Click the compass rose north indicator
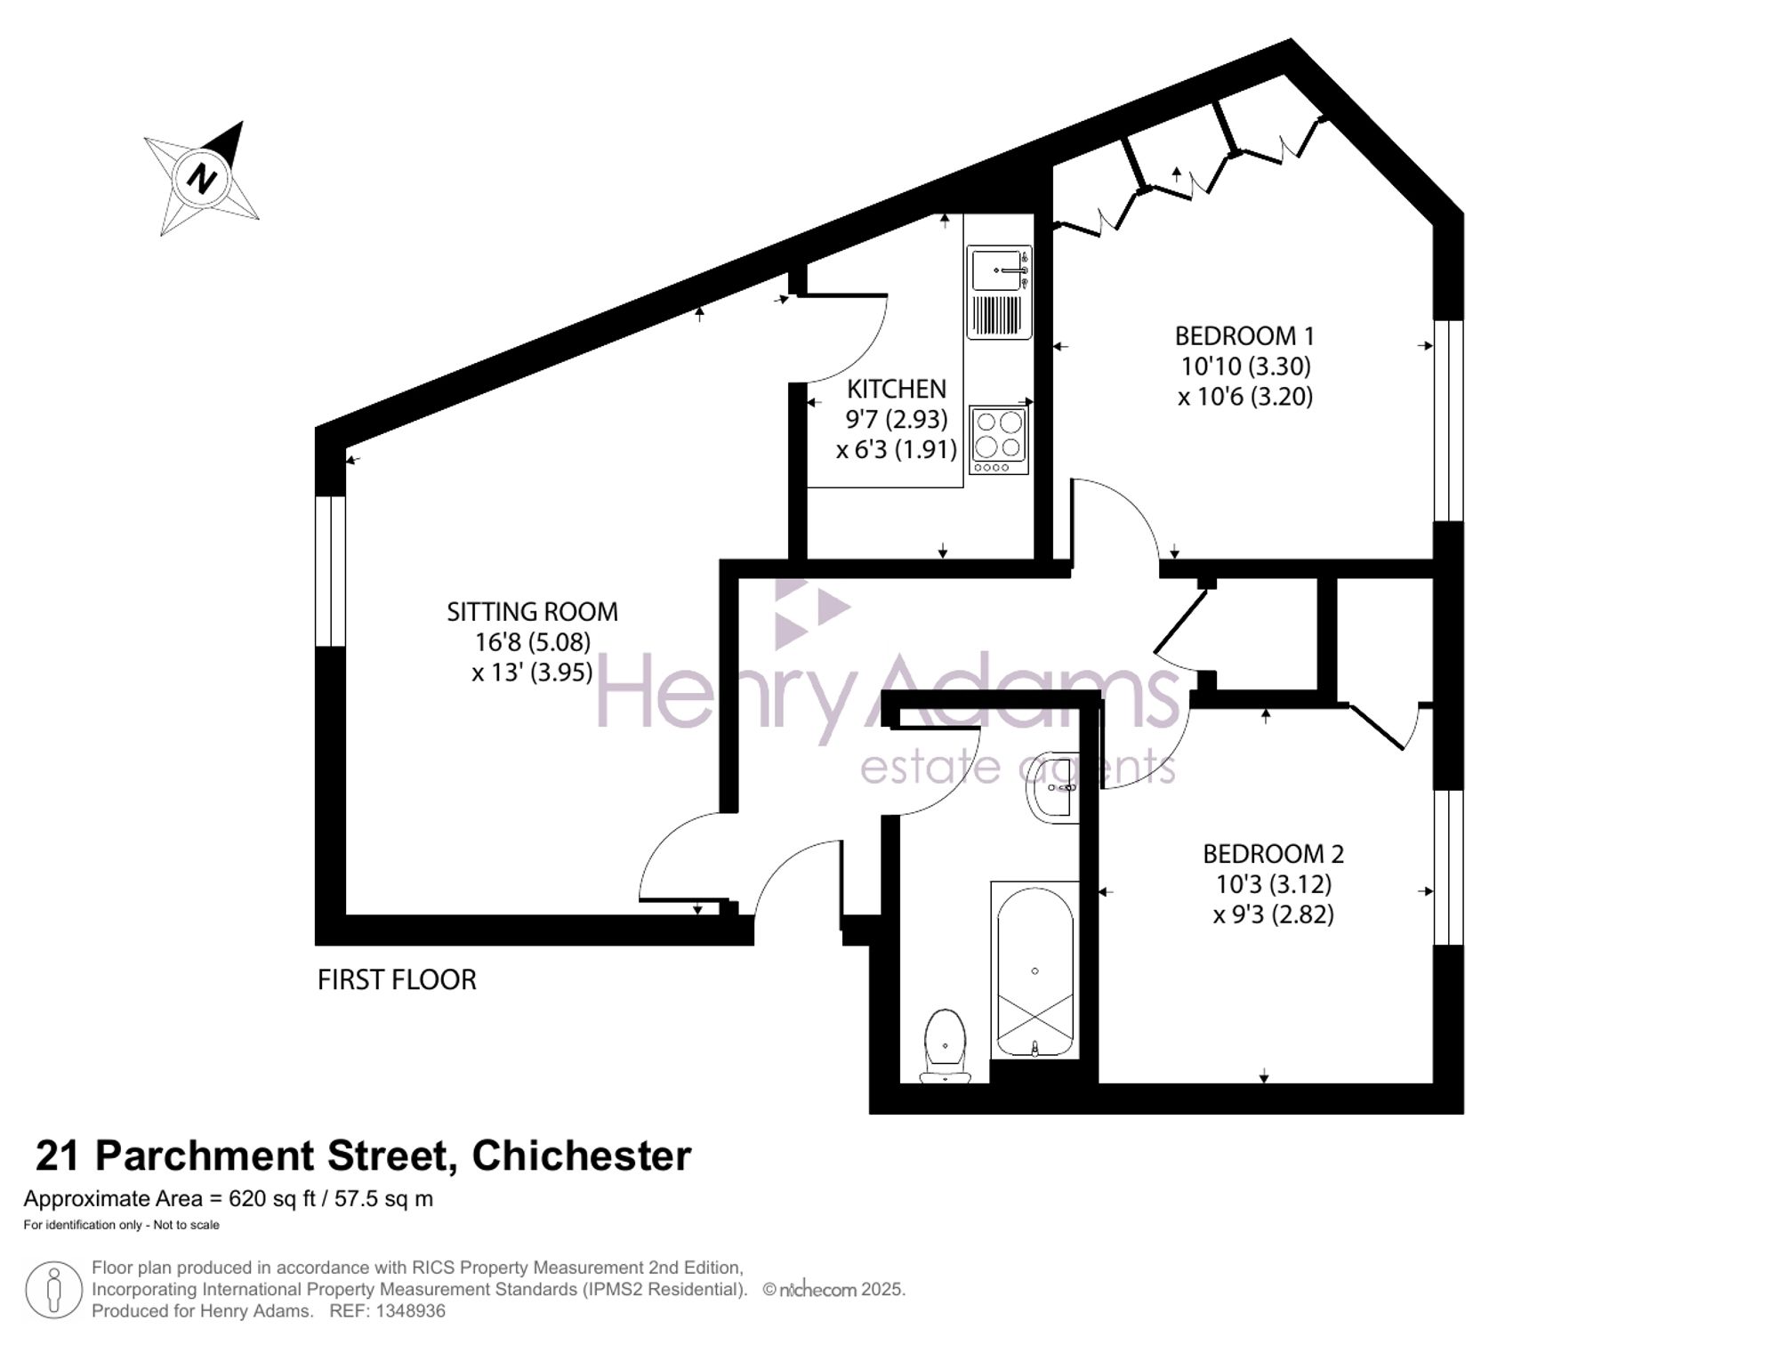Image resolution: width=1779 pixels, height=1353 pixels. coord(202,178)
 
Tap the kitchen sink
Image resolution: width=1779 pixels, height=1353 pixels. coord(999,292)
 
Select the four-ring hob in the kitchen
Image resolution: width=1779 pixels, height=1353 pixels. coord(998,440)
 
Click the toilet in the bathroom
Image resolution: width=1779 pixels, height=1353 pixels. coord(946,1046)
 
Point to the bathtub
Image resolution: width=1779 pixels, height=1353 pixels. coord(1034,970)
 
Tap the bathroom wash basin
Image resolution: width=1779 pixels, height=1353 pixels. coord(1053,787)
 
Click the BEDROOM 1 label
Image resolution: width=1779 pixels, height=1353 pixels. coord(1244,336)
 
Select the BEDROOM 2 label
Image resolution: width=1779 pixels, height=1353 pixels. coord(1273,854)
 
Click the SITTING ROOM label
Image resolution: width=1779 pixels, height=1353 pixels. coord(532,612)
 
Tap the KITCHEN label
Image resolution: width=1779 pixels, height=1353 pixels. coord(897,389)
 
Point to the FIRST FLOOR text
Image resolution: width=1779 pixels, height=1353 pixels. coord(397,980)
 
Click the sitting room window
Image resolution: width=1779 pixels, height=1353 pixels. coord(330,571)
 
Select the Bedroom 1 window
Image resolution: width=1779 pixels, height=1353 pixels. coord(1449,420)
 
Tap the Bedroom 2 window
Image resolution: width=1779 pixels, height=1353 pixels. coord(1449,867)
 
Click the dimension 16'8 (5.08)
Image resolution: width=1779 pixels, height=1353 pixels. coord(532,641)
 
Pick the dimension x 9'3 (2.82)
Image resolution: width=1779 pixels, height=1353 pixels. coord(1273,914)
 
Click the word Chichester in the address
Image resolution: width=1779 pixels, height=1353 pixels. coord(582,1156)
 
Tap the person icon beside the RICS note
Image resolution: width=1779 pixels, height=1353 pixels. coord(53,1290)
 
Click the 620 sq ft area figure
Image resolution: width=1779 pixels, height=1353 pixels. coord(272,1199)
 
